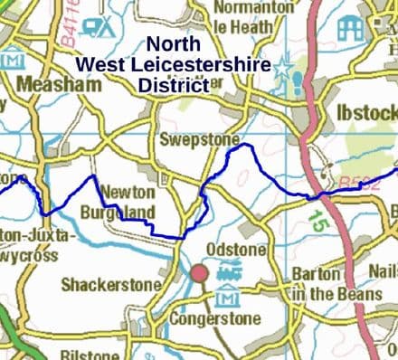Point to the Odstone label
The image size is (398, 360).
point(237,249)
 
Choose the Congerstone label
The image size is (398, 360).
point(220,318)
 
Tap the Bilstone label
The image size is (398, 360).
point(89,355)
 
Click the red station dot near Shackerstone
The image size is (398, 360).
point(200,273)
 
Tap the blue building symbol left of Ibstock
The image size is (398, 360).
point(350,28)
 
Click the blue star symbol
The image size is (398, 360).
point(283,70)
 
